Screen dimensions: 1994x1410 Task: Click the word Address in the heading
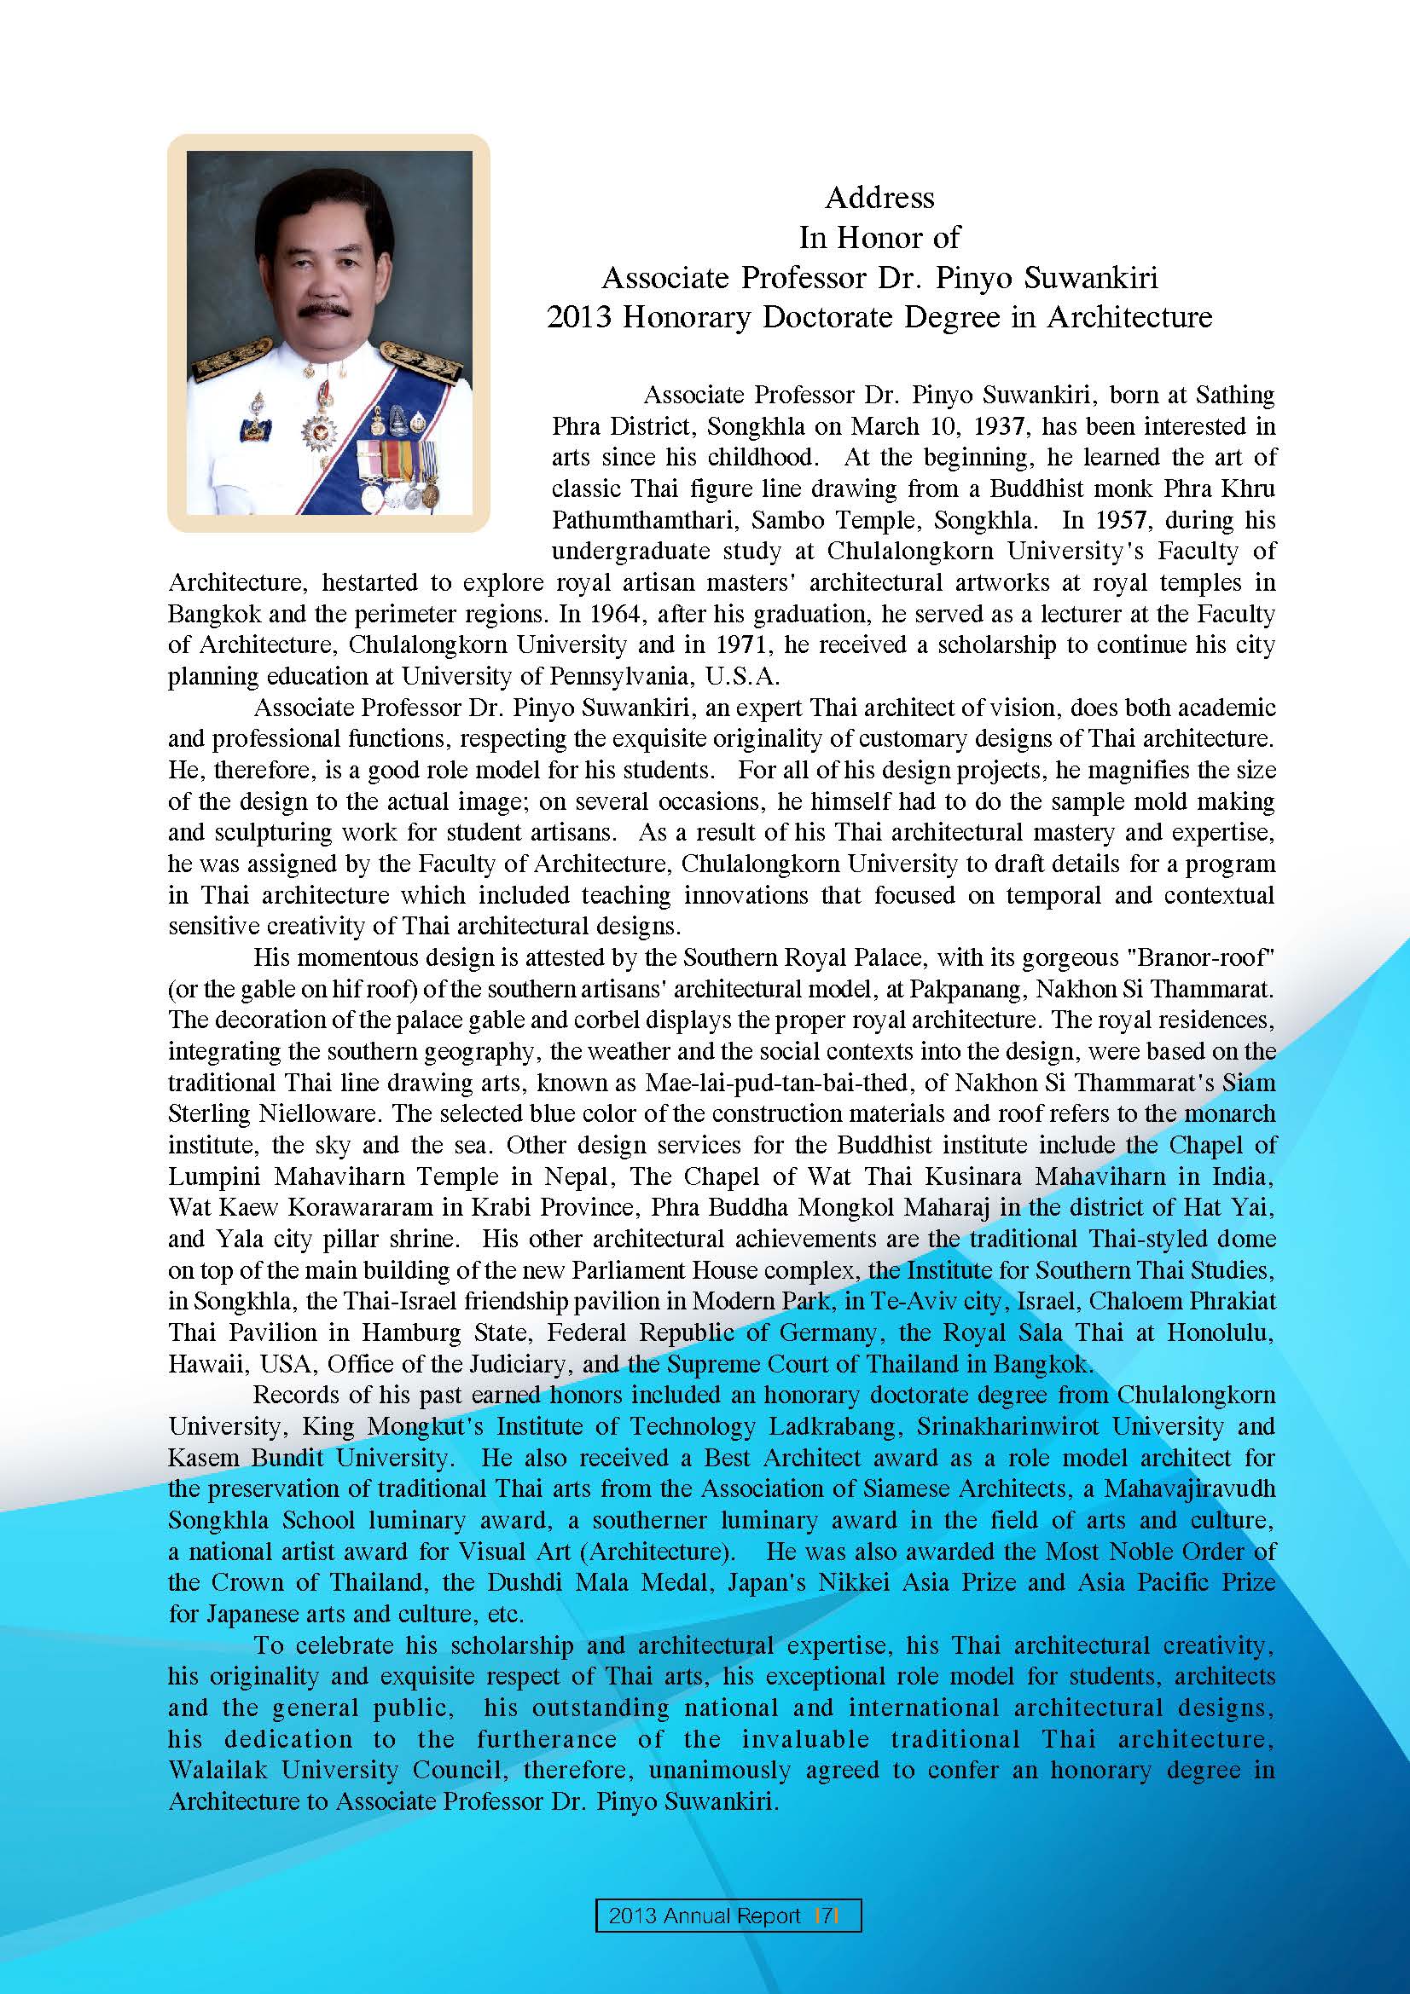879,198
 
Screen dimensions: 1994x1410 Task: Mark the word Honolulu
1220,1333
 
